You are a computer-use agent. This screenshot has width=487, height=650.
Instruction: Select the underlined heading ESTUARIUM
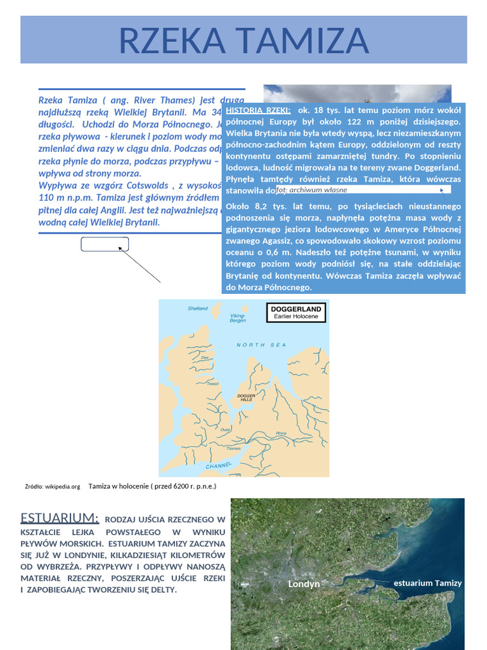(60, 517)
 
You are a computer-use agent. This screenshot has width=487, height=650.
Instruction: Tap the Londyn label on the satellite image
(304, 584)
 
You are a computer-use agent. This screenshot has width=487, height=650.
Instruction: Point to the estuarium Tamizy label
(427, 583)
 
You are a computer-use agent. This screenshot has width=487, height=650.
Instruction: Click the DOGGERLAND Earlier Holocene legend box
(295, 312)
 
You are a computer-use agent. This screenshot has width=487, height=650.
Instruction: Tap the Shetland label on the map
(197, 308)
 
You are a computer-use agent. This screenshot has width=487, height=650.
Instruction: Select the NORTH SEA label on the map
(261, 345)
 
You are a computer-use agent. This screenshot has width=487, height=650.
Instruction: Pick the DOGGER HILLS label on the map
(245, 397)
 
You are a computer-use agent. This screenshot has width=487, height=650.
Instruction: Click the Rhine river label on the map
(281, 434)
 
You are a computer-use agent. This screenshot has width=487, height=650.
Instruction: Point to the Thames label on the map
(233, 449)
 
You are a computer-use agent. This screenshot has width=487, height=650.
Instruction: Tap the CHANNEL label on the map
(219, 466)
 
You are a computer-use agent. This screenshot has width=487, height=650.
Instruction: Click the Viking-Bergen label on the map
(237, 318)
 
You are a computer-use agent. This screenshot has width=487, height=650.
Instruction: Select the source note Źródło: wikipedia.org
(53, 487)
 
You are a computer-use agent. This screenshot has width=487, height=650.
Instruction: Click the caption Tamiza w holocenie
(152, 486)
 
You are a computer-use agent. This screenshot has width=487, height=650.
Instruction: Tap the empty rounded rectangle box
(105, 244)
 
